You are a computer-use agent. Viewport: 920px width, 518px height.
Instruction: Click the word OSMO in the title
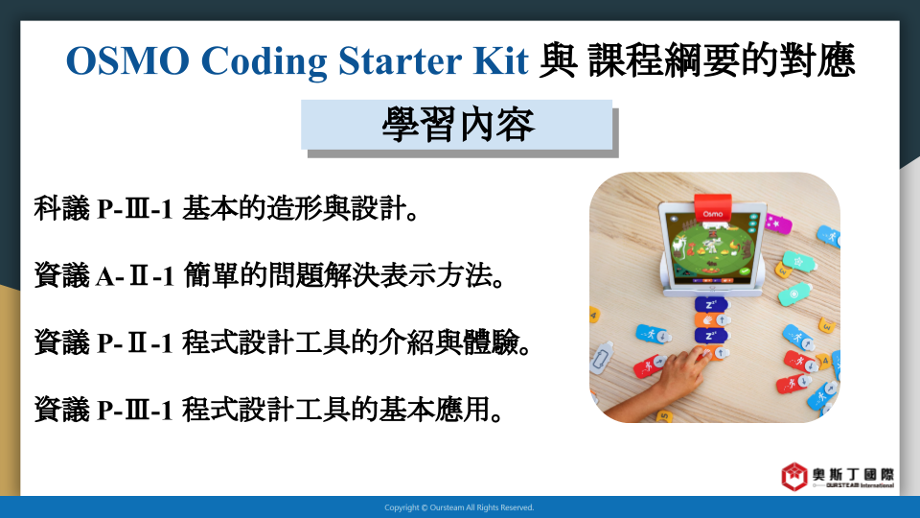[x=127, y=60]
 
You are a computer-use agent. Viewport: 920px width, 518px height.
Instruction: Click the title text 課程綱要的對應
[x=722, y=60]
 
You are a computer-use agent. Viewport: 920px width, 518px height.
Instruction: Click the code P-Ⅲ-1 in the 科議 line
[x=134, y=209]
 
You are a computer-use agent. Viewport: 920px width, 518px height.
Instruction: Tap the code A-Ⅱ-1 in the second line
[x=135, y=276]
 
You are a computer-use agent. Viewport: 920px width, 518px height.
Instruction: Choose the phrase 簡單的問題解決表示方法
[x=344, y=275]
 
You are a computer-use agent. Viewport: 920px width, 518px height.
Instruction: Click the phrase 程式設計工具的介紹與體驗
[x=356, y=342]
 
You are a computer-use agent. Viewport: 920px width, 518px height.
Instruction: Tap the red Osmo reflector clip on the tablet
[x=713, y=209]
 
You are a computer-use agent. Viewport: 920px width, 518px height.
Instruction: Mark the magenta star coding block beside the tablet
[x=778, y=224]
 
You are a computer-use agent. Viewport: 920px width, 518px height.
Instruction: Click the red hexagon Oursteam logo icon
[x=794, y=477]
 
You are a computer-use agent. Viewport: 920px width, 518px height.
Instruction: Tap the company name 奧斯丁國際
[x=854, y=475]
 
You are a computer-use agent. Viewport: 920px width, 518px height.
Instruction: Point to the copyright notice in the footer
[x=459, y=507]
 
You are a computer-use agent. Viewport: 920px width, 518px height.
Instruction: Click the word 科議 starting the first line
[x=61, y=208]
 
